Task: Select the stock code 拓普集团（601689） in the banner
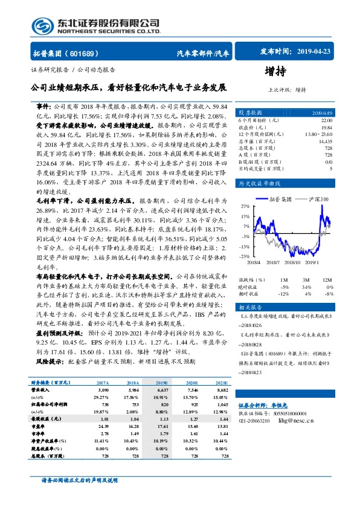[x=66, y=53]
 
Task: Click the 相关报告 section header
[x=251, y=308]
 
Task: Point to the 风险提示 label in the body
[x=49, y=361]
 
